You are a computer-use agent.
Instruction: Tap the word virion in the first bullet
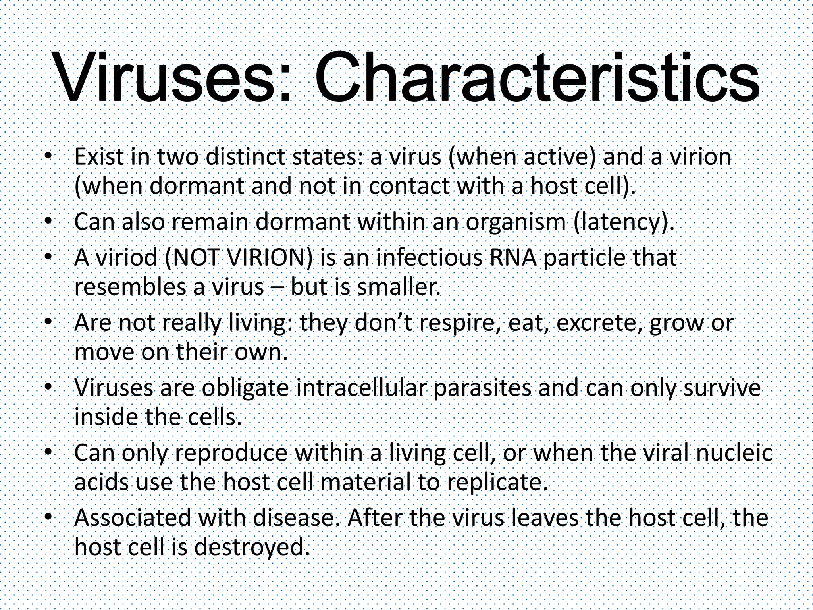tap(700, 157)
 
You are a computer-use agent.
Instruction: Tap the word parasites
tap(482, 388)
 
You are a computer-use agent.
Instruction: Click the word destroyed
tap(252, 548)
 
